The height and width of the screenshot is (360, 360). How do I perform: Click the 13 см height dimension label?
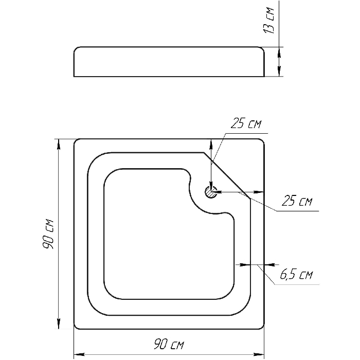[x=269, y=21]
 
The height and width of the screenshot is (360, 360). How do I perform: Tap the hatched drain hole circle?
[x=211, y=192]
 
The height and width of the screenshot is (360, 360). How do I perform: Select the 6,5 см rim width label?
[x=296, y=274]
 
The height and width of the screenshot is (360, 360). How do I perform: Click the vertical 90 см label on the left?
[x=48, y=234]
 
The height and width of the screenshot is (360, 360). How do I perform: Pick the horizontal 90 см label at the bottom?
[x=169, y=344]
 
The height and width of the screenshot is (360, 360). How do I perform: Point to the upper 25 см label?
[x=246, y=123]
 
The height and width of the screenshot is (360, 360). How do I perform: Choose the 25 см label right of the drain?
[x=297, y=201]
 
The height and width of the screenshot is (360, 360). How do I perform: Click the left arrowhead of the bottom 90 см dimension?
[x=79, y=354]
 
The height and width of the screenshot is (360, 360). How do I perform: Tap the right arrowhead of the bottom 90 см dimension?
[x=259, y=354]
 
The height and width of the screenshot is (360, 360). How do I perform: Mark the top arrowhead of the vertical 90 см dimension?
[x=59, y=145]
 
